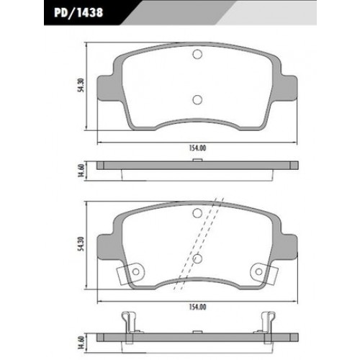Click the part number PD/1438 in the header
(78, 12)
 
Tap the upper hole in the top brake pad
(197, 54)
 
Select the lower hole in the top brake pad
(197, 99)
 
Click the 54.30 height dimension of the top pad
(81, 86)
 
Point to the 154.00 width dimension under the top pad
(197, 148)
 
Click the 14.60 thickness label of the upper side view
(81, 171)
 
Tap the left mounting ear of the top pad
(106, 88)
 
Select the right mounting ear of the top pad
(289, 88)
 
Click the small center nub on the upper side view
(197, 160)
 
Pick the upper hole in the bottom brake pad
(197, 213)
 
